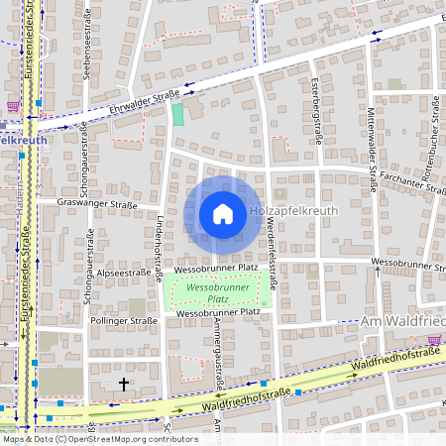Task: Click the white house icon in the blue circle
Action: [x=222, y=214]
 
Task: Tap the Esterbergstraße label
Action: [x=316, y=111]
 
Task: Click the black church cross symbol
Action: [x=124, y=383]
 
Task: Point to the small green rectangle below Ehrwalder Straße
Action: [x=178, y=114]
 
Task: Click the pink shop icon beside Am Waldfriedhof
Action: [x=434, y=340]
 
